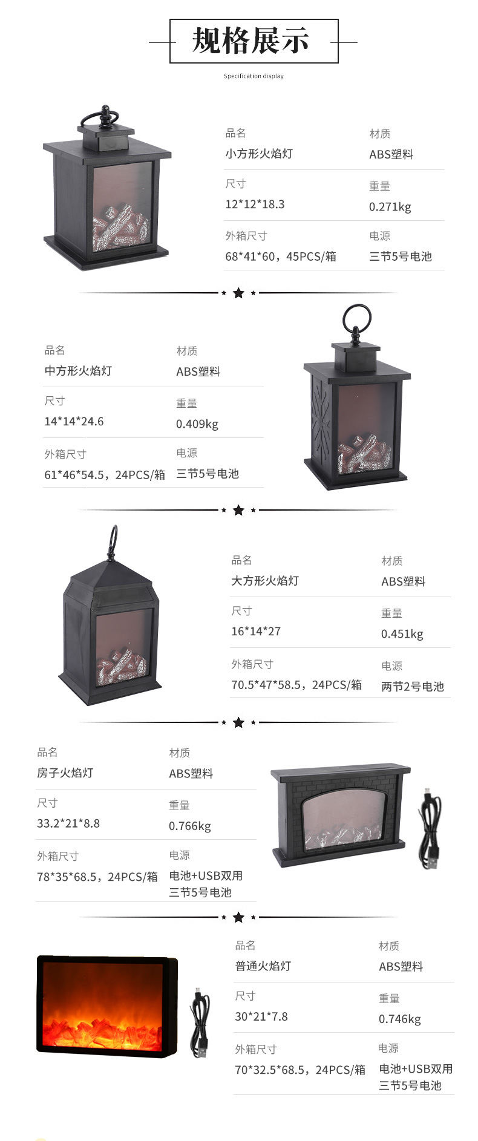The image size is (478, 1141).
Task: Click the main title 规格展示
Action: pos(251,41)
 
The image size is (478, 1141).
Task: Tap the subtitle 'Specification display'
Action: pos(254,76)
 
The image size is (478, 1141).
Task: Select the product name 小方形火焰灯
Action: pos(259,154)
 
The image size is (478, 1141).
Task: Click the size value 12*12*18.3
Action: pos(255,204)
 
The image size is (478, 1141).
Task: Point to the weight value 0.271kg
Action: pos(390,207)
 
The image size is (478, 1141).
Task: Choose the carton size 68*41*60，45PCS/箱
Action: pos(281,257)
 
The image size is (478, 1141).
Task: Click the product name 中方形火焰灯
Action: pos(78,371)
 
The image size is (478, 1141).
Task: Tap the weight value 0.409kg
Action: pos(197,424)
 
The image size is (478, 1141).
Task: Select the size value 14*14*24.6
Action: pos(74,422)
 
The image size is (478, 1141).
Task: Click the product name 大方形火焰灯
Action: pos(265,581)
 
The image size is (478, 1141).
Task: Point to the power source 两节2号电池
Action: pos(412,687)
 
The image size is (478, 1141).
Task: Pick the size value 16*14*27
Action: pos(256,632)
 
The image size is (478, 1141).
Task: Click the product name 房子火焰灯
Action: pos(65,773)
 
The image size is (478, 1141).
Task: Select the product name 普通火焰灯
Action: pos(263,966)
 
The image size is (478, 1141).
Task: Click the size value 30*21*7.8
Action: pos(261,1017)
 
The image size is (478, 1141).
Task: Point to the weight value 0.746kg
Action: pos(399,1019)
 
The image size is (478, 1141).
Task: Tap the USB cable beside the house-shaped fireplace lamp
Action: pos(430,829)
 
